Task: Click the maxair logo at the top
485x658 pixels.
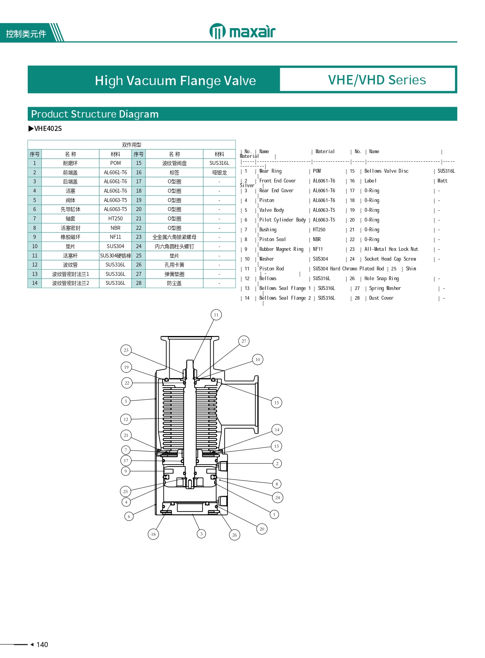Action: point(242,31)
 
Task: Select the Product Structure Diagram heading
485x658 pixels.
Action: point(95,114)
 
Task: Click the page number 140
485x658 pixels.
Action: point(42,645)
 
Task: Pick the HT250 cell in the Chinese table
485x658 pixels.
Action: point(115,219)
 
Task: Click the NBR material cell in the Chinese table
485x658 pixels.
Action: point(115,228)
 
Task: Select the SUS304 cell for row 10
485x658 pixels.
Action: point(115,247)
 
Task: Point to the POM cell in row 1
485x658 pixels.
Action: point(115,163)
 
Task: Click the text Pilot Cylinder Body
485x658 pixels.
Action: point(283,220)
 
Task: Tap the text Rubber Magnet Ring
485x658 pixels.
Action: point(281,249)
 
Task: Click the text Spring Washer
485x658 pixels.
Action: point(385,288)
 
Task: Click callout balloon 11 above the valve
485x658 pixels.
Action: point(216,315)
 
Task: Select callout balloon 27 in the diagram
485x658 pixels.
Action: point(244,341)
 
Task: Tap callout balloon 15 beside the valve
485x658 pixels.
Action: point(276,402)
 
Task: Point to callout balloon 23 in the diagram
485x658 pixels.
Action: point(126,350)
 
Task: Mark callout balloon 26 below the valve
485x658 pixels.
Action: point(234,535)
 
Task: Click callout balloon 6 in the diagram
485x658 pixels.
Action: point(129,516)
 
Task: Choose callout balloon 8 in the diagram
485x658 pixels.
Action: point(277,484)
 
